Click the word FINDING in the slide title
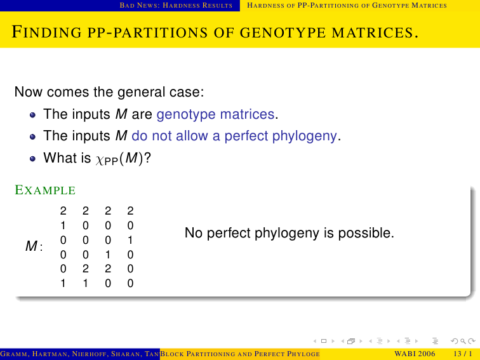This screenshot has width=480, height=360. point(46,32)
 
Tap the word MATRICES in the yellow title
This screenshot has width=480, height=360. point(375,32)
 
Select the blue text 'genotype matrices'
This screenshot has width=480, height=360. point(215,114)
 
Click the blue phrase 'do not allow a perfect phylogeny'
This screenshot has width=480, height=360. point(234,136)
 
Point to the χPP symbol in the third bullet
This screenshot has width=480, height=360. point(107,159)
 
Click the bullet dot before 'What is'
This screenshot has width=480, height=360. point(33,159)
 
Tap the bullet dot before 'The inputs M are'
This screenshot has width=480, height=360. point(33,115)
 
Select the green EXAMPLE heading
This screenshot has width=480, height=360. point(45,190)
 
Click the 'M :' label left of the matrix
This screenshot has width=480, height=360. point(34,246)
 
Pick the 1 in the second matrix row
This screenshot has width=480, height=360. point(63,225)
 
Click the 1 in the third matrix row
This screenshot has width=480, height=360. point(130,240)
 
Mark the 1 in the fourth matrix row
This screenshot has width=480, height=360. point(108,255)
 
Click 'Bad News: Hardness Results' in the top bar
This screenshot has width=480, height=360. point(176,6)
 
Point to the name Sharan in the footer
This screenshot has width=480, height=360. point(125,354)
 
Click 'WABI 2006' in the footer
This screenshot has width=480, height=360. point(415,354)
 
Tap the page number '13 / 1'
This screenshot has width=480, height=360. point(463,354)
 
